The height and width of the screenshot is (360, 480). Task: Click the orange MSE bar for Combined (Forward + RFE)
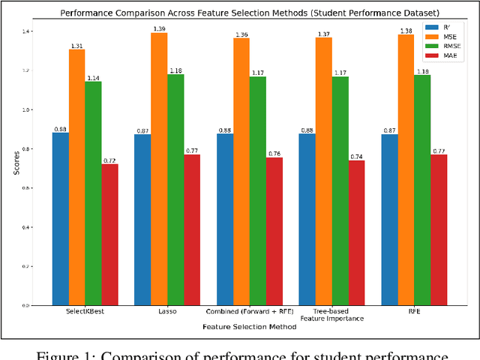point(241,172)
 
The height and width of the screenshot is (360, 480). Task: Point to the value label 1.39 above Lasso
point(159,28)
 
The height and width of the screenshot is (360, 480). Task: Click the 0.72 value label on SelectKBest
point(109,160)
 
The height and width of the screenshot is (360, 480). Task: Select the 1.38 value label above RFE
point(406,30)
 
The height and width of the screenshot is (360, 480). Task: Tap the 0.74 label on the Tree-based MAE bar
point(357,156)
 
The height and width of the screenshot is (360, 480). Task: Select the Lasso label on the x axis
point(167,311)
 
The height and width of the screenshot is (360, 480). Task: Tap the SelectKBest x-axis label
point(85,311)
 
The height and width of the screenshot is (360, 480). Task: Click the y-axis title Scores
point(16,167)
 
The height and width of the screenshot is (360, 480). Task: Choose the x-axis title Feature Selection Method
point(250,328)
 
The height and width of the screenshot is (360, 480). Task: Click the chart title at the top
point(249,13)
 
